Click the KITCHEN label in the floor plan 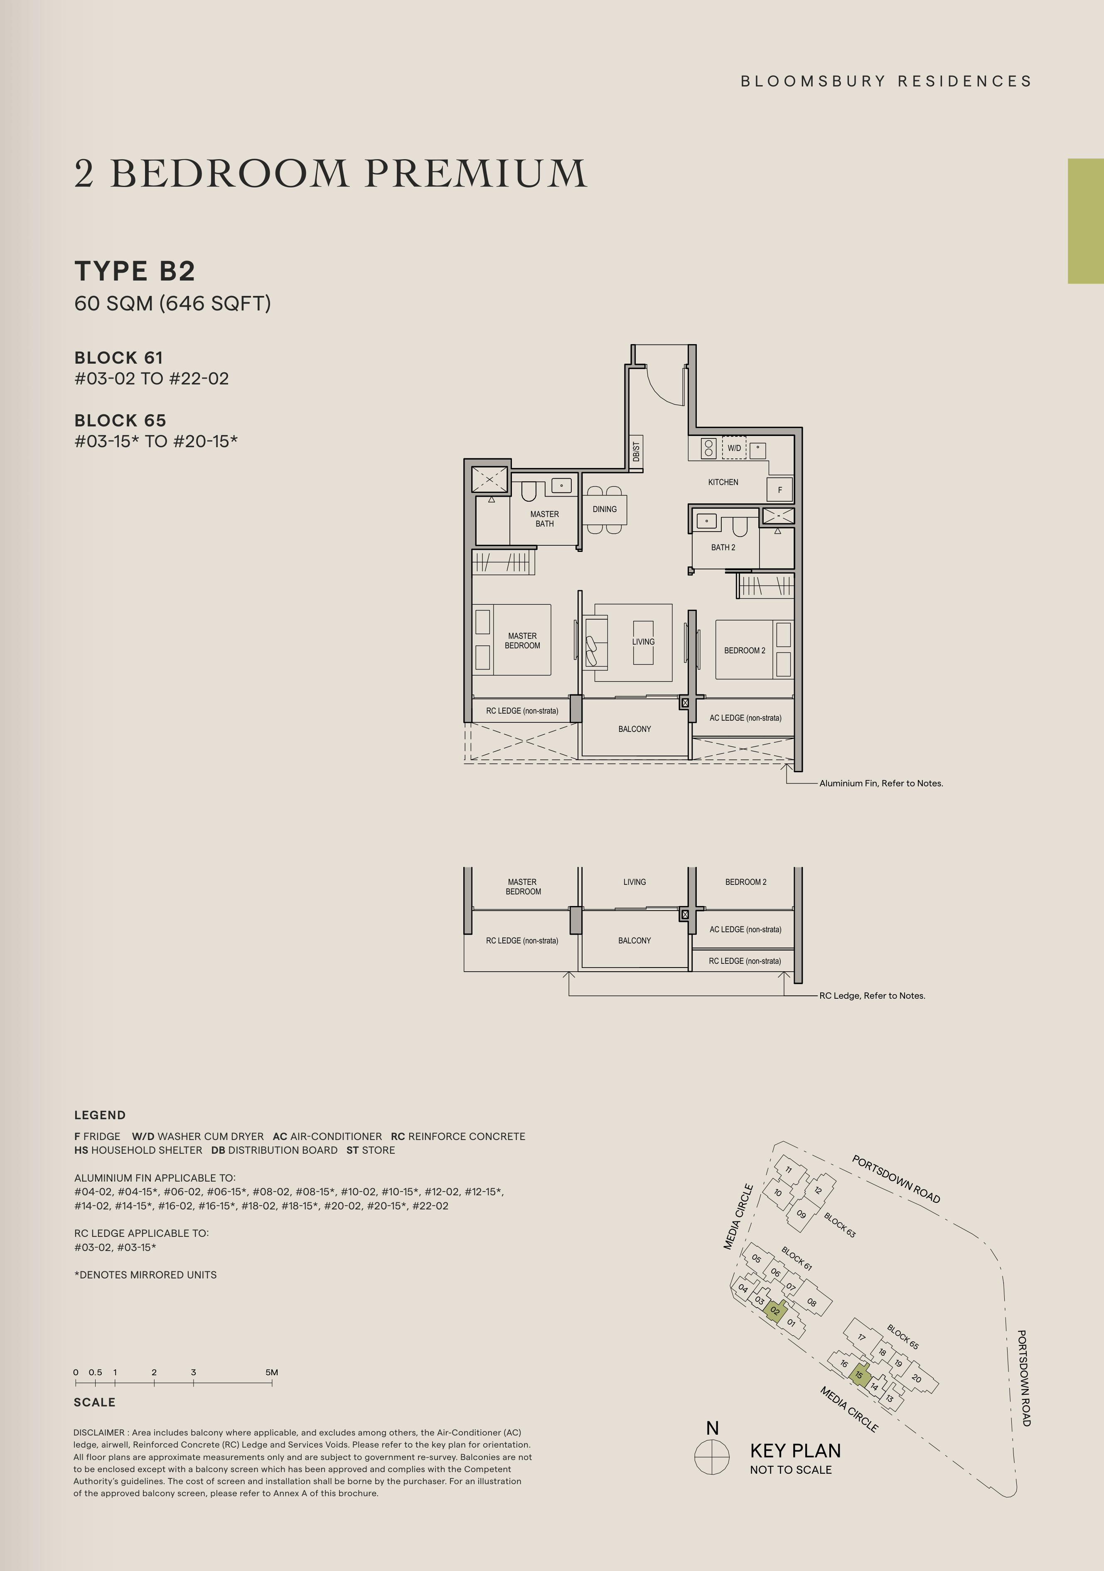pos(723,483)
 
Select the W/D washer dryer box pos(734,448)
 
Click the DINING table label pos(605,509)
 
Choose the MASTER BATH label pos(544,519)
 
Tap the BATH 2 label pos(723,547)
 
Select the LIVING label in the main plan pos(643,642)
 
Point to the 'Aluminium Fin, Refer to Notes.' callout pos(881,783)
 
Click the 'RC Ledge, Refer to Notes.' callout pos(872,995)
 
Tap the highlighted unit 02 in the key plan pos(775,1311)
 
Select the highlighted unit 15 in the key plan pos(859,1375)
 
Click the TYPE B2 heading pos(135,271)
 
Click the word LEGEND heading pos(100,1115)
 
